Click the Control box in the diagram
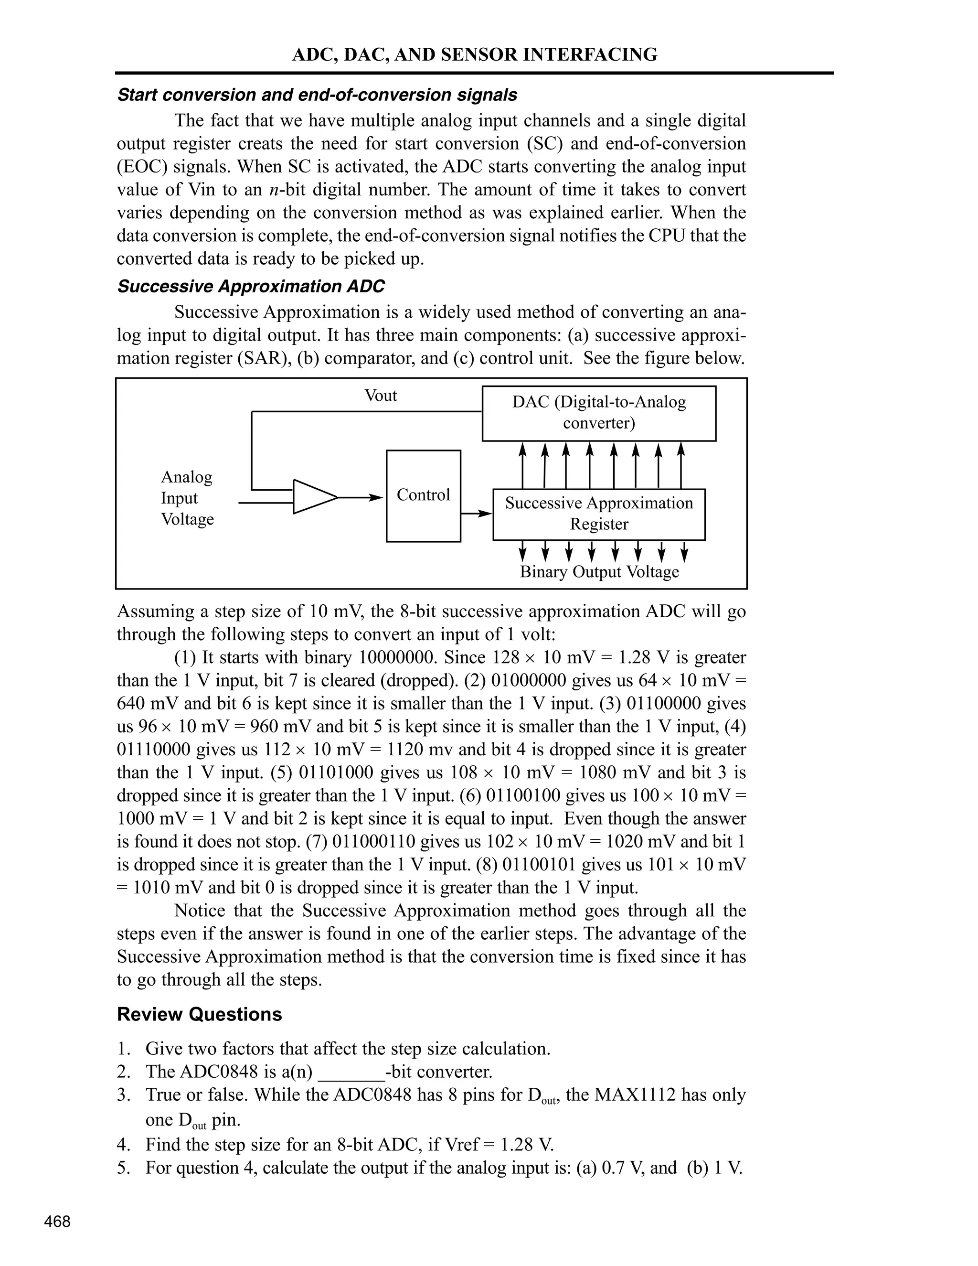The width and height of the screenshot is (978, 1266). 423,495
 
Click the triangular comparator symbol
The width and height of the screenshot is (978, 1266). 313,497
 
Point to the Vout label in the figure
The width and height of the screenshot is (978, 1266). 380,396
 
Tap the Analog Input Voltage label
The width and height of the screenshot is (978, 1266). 187,498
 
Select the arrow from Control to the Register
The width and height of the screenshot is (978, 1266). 476,514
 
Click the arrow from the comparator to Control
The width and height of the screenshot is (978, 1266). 361,497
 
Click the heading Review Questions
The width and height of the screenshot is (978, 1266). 199,1014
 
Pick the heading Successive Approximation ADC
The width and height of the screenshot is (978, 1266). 250,286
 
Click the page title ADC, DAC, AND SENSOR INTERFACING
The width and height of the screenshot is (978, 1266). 475,54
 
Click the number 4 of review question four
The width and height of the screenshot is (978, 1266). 122,1144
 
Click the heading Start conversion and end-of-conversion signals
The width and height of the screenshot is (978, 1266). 317,95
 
